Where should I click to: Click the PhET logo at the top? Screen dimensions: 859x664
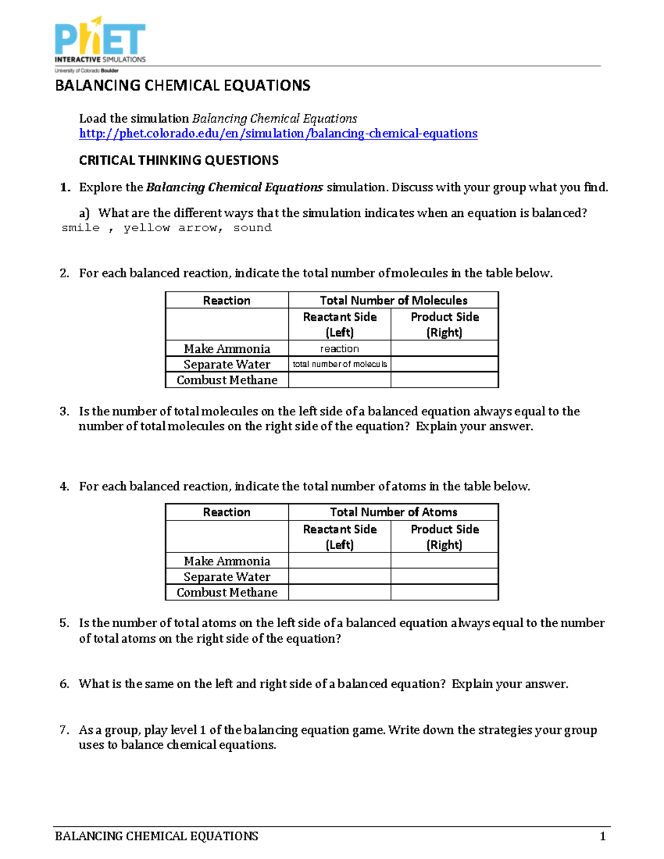[x=100, y=41]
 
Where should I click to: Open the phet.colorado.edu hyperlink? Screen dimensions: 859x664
[x=278, y=133]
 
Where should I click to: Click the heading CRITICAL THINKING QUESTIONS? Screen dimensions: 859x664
[x=179, y=160]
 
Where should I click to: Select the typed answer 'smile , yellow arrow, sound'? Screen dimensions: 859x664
[x=166, y=228]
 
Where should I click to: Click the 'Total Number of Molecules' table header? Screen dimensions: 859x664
[x=393, y=300]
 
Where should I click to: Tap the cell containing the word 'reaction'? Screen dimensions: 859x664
[x=339, y=348]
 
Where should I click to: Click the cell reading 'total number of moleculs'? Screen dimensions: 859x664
[x=339, y=364]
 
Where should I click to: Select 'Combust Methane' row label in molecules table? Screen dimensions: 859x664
[x=227, y=380]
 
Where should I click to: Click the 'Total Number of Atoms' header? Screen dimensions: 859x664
[x=393, y=512]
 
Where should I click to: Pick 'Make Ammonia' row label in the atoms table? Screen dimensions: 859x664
[x=227, y=561]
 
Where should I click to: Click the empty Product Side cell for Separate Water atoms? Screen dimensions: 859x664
[x=444, y=576]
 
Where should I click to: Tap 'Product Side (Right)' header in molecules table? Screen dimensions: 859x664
[x=444, y=324]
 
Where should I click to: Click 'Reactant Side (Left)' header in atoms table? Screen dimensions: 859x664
[x=339, y=537]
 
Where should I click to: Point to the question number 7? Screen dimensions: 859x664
[x=64, y=730]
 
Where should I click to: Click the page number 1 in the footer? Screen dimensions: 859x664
[x=603, y=836]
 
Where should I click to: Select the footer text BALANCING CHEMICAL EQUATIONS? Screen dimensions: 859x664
[x=157, y=836]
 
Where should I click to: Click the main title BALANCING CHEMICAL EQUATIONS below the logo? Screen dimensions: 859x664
[x=183, y=86]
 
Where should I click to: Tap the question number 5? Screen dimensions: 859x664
[x=64, y=623]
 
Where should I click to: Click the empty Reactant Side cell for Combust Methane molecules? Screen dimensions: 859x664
[x=339, y=380]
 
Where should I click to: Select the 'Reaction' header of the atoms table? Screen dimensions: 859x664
[x=227, y=512]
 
